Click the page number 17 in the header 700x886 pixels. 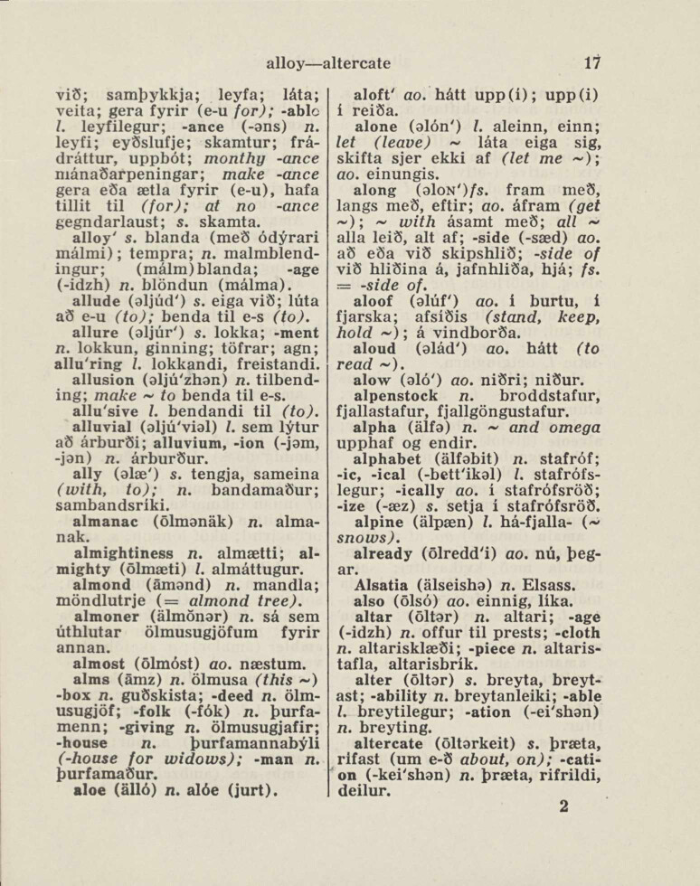pyautogui.click(x=593, y=63)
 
